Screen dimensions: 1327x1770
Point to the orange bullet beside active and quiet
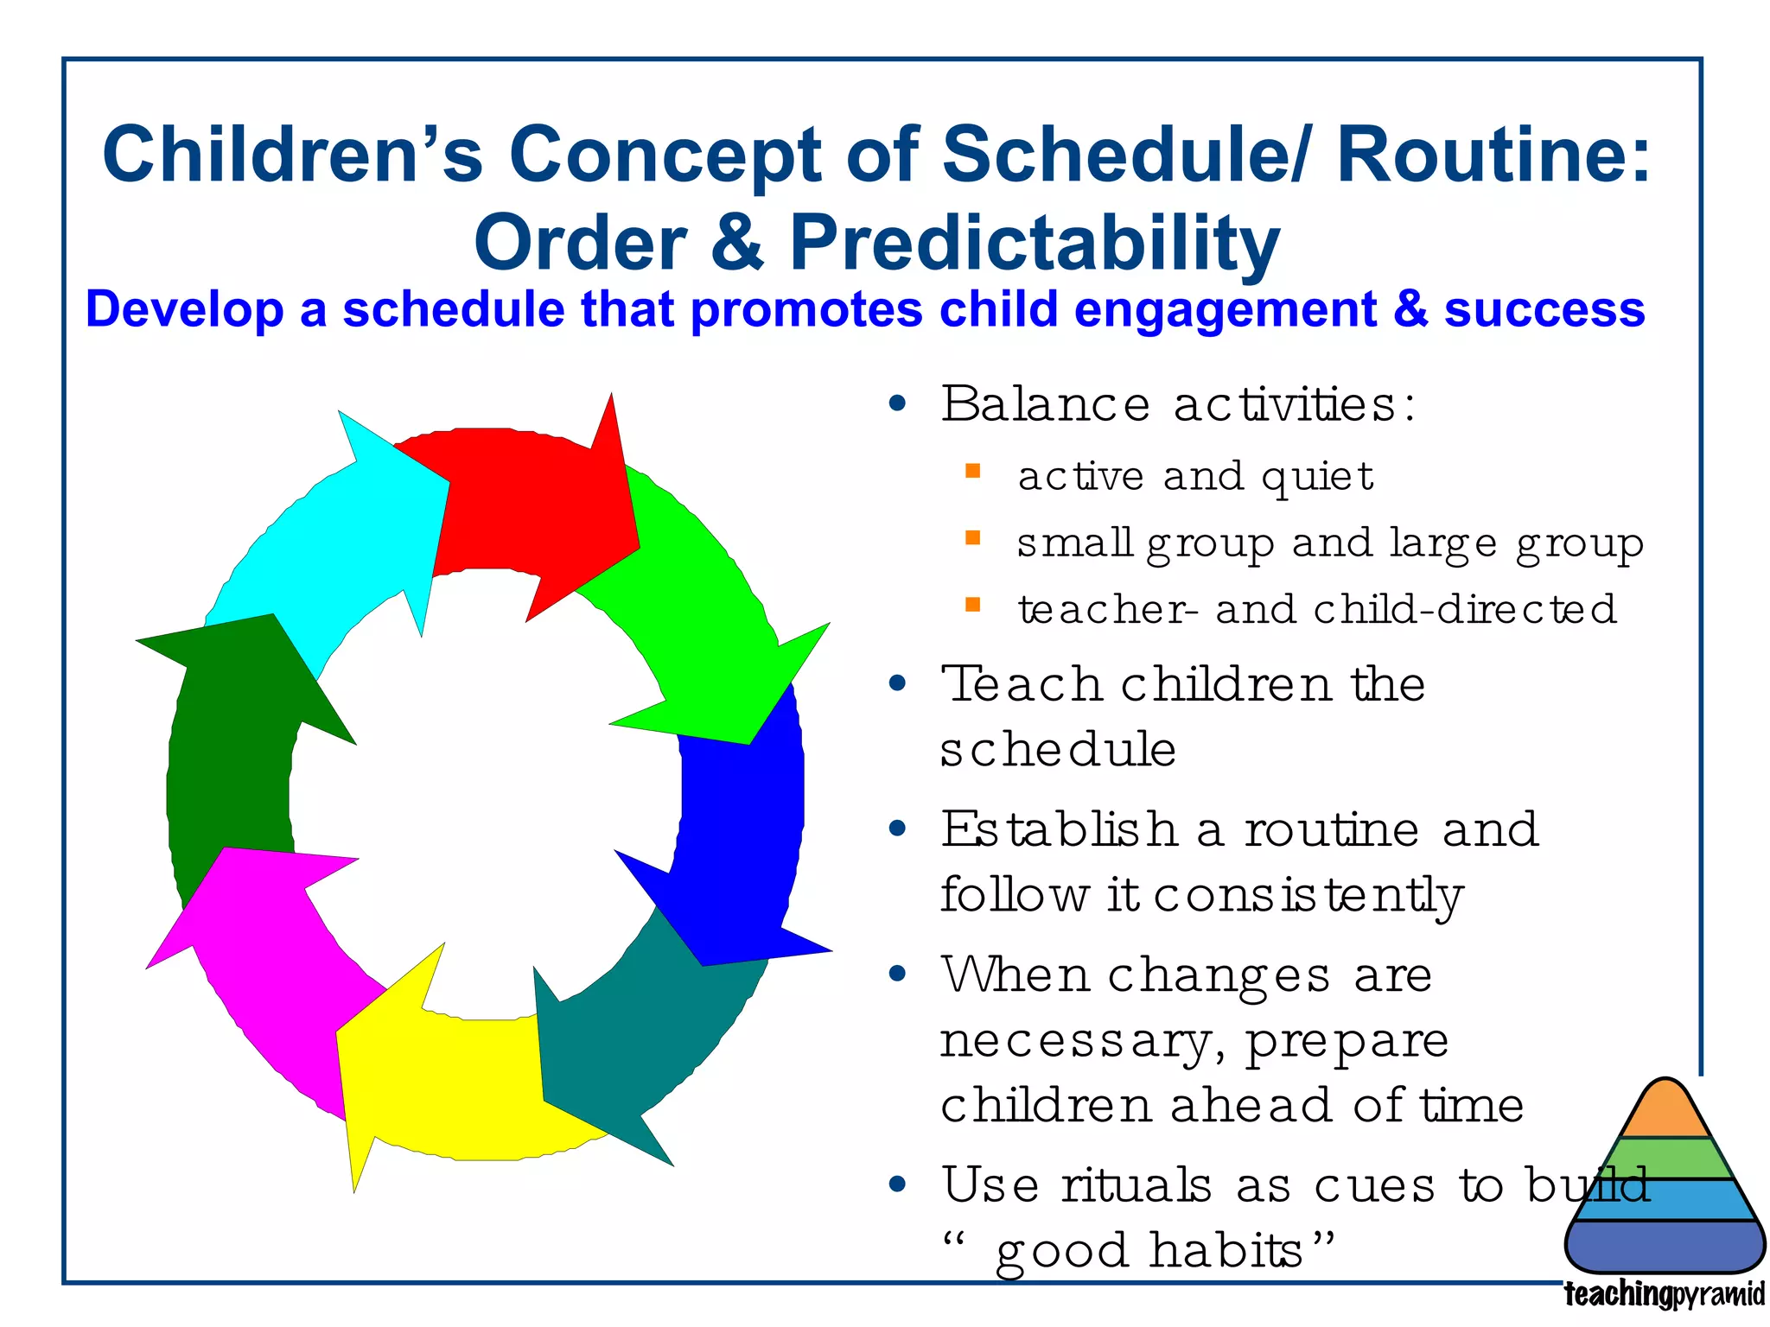click(972, 471)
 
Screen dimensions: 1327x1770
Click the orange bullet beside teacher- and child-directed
click(972, 604)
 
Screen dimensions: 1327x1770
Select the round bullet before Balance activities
click(898, 403)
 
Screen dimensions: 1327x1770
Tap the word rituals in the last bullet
click(1136, 1184)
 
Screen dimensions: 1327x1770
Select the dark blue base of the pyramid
click(1665, 1245)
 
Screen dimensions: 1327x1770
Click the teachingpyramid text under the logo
click(1665, 1294)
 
